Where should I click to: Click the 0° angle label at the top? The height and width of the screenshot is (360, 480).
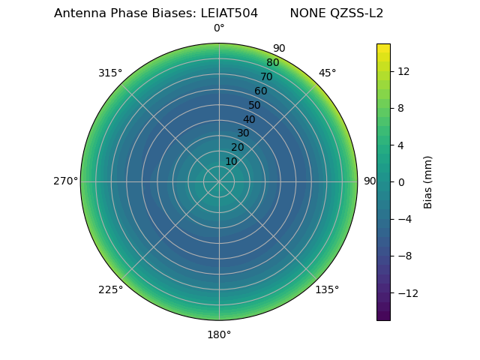[219, 28]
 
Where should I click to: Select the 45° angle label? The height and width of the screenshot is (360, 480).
[327, 73]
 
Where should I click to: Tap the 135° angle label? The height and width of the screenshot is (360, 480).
[327, 289]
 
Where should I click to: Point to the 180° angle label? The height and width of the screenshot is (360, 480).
[219, 334]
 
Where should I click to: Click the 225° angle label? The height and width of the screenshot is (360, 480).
[110, 289]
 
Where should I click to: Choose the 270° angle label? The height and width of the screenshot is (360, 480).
[66, 181]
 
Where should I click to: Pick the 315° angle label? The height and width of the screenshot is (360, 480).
[110, 73]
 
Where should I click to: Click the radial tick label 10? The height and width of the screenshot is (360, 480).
[231, 161]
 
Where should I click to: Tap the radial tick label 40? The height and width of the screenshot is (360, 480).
[249, 119]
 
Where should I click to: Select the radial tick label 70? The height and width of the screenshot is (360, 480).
[267, 76]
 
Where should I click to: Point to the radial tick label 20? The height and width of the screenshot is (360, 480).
[237, 147]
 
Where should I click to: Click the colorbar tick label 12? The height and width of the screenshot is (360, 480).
[403, 71]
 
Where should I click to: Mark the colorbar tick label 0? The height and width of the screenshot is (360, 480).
[400, 181]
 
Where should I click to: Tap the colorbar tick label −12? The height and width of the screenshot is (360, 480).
[406, 292]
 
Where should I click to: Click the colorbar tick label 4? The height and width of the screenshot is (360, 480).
[400, 145]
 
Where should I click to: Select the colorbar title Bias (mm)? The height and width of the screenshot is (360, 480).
[428, 181]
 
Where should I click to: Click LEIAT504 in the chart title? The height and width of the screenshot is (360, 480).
[229, 13]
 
